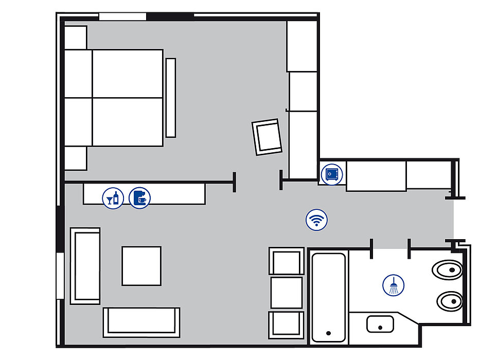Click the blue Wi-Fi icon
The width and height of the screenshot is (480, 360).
coord(316,220)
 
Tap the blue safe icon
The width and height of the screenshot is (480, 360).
coord(330,174)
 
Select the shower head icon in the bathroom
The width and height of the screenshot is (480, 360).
coord(394,285)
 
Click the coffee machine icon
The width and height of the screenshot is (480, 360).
coord(139,197)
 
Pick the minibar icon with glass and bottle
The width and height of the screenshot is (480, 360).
coord(113,197)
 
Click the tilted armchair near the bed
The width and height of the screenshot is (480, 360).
coord(268,137)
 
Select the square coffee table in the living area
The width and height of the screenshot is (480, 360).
coord(141,266)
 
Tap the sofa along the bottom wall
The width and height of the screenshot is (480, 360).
coord(141,322)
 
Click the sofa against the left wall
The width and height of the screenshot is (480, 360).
coord(85,266)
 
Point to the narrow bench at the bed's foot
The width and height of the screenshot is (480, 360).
coord(171,97)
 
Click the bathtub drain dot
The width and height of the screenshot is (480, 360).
coord(328,333)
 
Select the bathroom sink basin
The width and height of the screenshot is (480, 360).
coord(380,324)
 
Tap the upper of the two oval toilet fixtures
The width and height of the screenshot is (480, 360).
coord(447,269)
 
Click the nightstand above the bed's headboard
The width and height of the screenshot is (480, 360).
coord(76,37)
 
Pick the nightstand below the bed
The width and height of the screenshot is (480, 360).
coord(76,158)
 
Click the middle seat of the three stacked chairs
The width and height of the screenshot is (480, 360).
coord(286,292)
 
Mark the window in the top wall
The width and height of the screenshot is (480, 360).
coord(122,16)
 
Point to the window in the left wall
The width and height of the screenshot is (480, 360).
coord(60,276)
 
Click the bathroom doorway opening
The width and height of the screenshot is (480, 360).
coord(390,248)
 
